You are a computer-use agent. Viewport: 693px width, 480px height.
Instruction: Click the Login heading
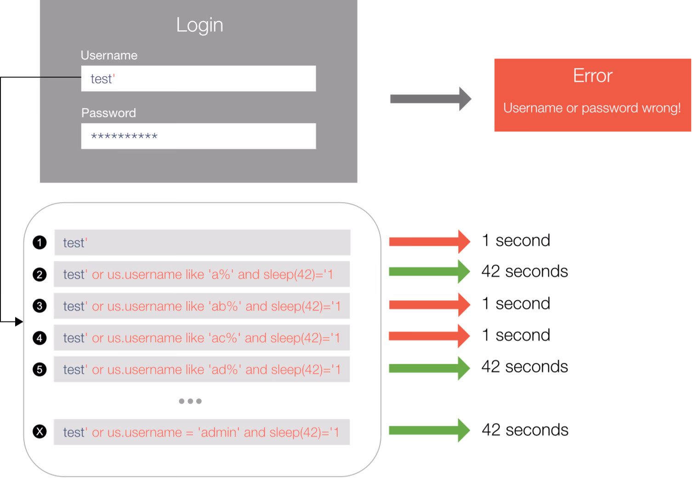[199, 25]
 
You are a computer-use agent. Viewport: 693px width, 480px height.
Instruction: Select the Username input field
[198, 79]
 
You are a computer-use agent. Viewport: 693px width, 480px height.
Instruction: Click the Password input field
[198, 136]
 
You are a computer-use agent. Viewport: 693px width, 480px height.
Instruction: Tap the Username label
[109, 55]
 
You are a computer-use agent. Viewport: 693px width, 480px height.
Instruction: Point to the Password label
[108, 113]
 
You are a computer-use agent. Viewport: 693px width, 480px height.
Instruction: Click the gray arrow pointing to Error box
[430, 99]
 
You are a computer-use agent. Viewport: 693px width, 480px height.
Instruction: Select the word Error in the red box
[592, 76]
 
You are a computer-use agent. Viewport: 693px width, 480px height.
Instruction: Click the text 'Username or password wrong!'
[592, 108]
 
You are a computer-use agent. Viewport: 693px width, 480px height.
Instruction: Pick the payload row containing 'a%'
[202, 274]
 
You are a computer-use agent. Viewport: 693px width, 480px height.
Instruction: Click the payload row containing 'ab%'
[202, 306]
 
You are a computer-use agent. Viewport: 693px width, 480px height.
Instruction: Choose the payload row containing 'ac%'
[202, 338]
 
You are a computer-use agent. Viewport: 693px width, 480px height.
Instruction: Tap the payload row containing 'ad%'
[202, 369]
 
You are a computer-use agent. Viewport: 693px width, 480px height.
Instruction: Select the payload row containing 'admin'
[202, 432]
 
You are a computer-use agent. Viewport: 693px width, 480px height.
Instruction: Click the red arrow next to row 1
[429, 242]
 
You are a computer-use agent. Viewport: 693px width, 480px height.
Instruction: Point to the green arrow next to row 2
[429, 272]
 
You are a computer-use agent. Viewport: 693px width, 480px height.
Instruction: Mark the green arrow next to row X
[429, 430]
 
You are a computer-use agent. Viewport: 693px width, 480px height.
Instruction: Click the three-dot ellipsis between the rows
[190, 401]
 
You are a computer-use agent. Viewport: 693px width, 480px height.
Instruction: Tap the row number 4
[40, 338]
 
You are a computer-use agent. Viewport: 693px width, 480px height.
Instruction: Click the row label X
[40, 432]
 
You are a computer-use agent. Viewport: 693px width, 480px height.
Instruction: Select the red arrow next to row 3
[429, 305]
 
